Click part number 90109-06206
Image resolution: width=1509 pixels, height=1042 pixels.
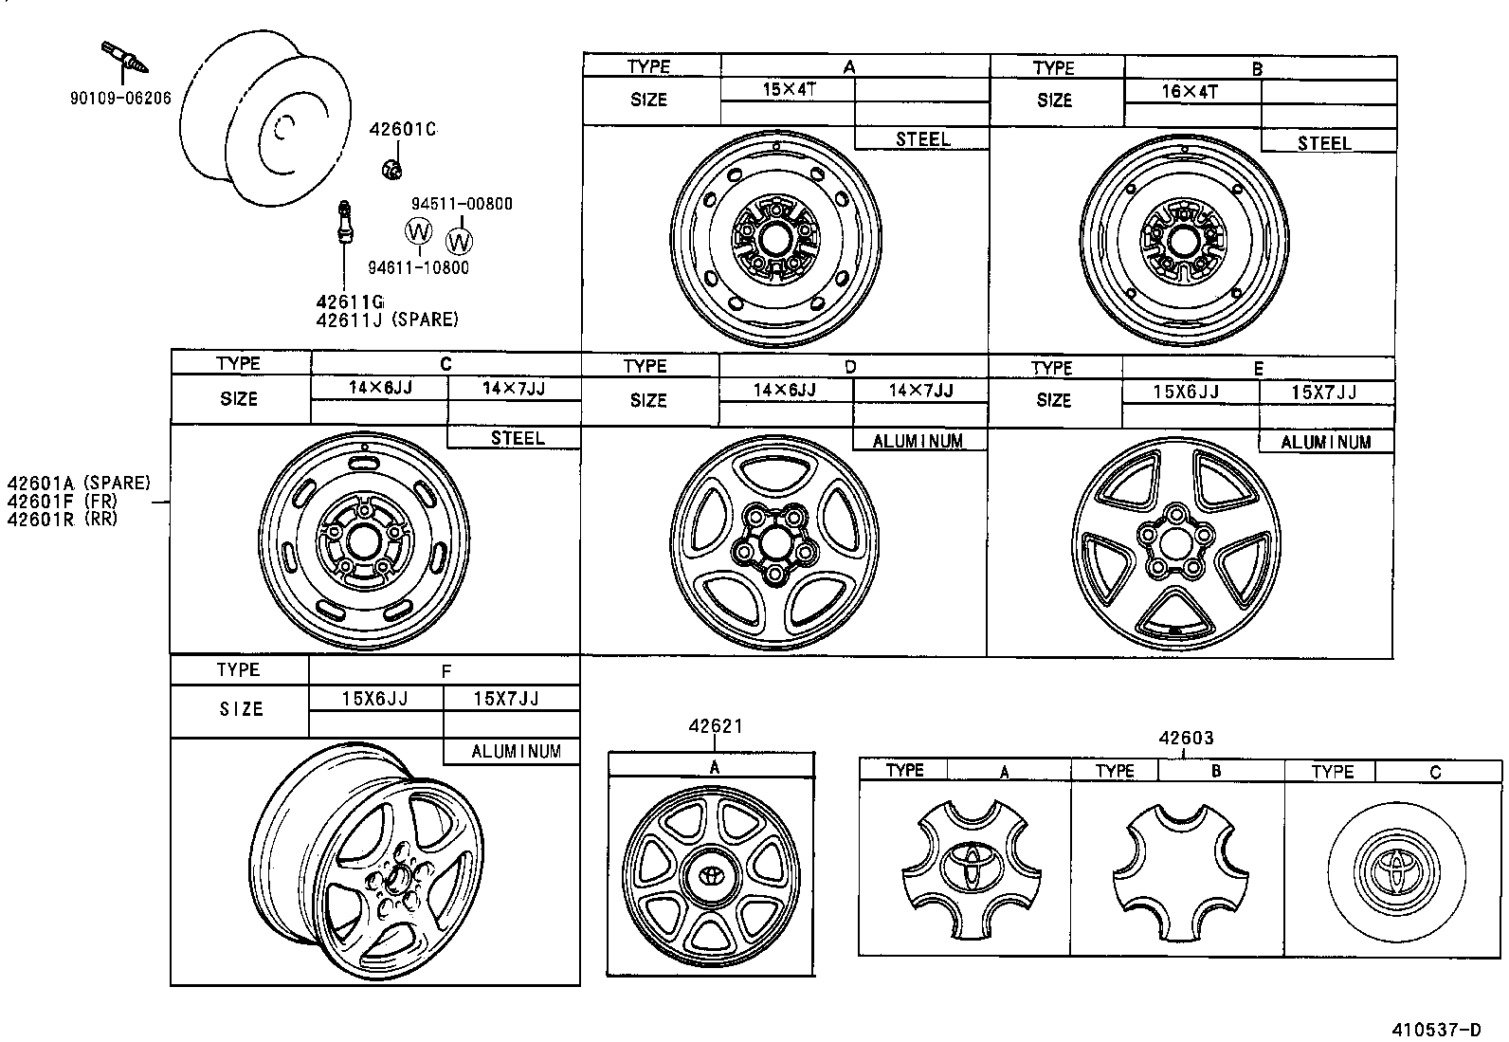click(x=120, y=97)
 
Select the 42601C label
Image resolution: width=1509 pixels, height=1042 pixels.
click(x=403, y=130)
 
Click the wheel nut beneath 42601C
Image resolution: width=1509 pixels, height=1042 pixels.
click(x=391, y=170)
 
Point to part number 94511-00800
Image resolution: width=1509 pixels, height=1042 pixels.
click(x=462, y=203)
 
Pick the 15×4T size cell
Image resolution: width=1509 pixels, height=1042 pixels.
click(x=788, y=90)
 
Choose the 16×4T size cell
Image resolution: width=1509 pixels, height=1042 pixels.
click(x=1191, y=92)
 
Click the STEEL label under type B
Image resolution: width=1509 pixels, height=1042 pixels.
click(x=1324, y=143)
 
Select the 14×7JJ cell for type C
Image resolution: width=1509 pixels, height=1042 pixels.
click(x=513, y=388)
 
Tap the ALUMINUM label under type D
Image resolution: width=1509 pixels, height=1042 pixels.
click(x=918, y=441)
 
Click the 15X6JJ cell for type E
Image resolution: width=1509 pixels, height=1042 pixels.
click(x=1187, y=393)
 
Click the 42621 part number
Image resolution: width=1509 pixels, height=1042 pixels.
click(x=716, y=726)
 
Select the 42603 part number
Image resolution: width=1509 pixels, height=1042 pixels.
click(x=1185, y=738)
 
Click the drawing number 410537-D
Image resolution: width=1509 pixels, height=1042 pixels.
click(x=1435, y=1030)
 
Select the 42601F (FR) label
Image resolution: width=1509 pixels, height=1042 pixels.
click(x=63, y=501)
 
